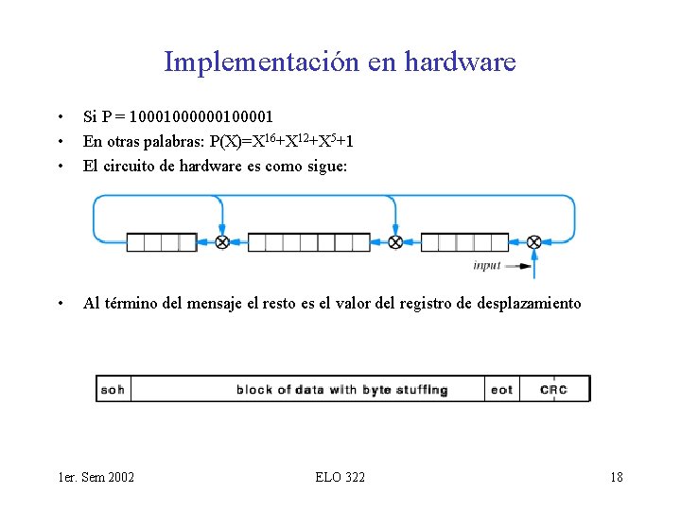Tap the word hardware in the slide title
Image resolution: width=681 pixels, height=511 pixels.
point(460,62)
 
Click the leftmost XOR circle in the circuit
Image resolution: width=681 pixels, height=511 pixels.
point(222,242)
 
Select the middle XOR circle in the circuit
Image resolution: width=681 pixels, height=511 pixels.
point(396,242)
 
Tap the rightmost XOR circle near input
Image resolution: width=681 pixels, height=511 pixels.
point(533,242)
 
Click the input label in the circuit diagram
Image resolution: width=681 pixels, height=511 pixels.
point(486,266)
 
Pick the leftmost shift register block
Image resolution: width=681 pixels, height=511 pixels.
point(162,242)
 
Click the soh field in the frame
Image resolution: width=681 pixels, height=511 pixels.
point(113,389)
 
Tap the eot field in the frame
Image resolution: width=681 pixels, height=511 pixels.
point(501,389)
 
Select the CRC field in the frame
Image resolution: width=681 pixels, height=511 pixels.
point(553,389)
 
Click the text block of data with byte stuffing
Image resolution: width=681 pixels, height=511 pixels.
point(341,389)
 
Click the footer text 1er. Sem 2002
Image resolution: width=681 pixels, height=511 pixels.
point(96,476)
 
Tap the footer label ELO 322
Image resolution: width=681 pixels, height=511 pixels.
point(340,476)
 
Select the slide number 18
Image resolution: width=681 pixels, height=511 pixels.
point(616,476)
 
